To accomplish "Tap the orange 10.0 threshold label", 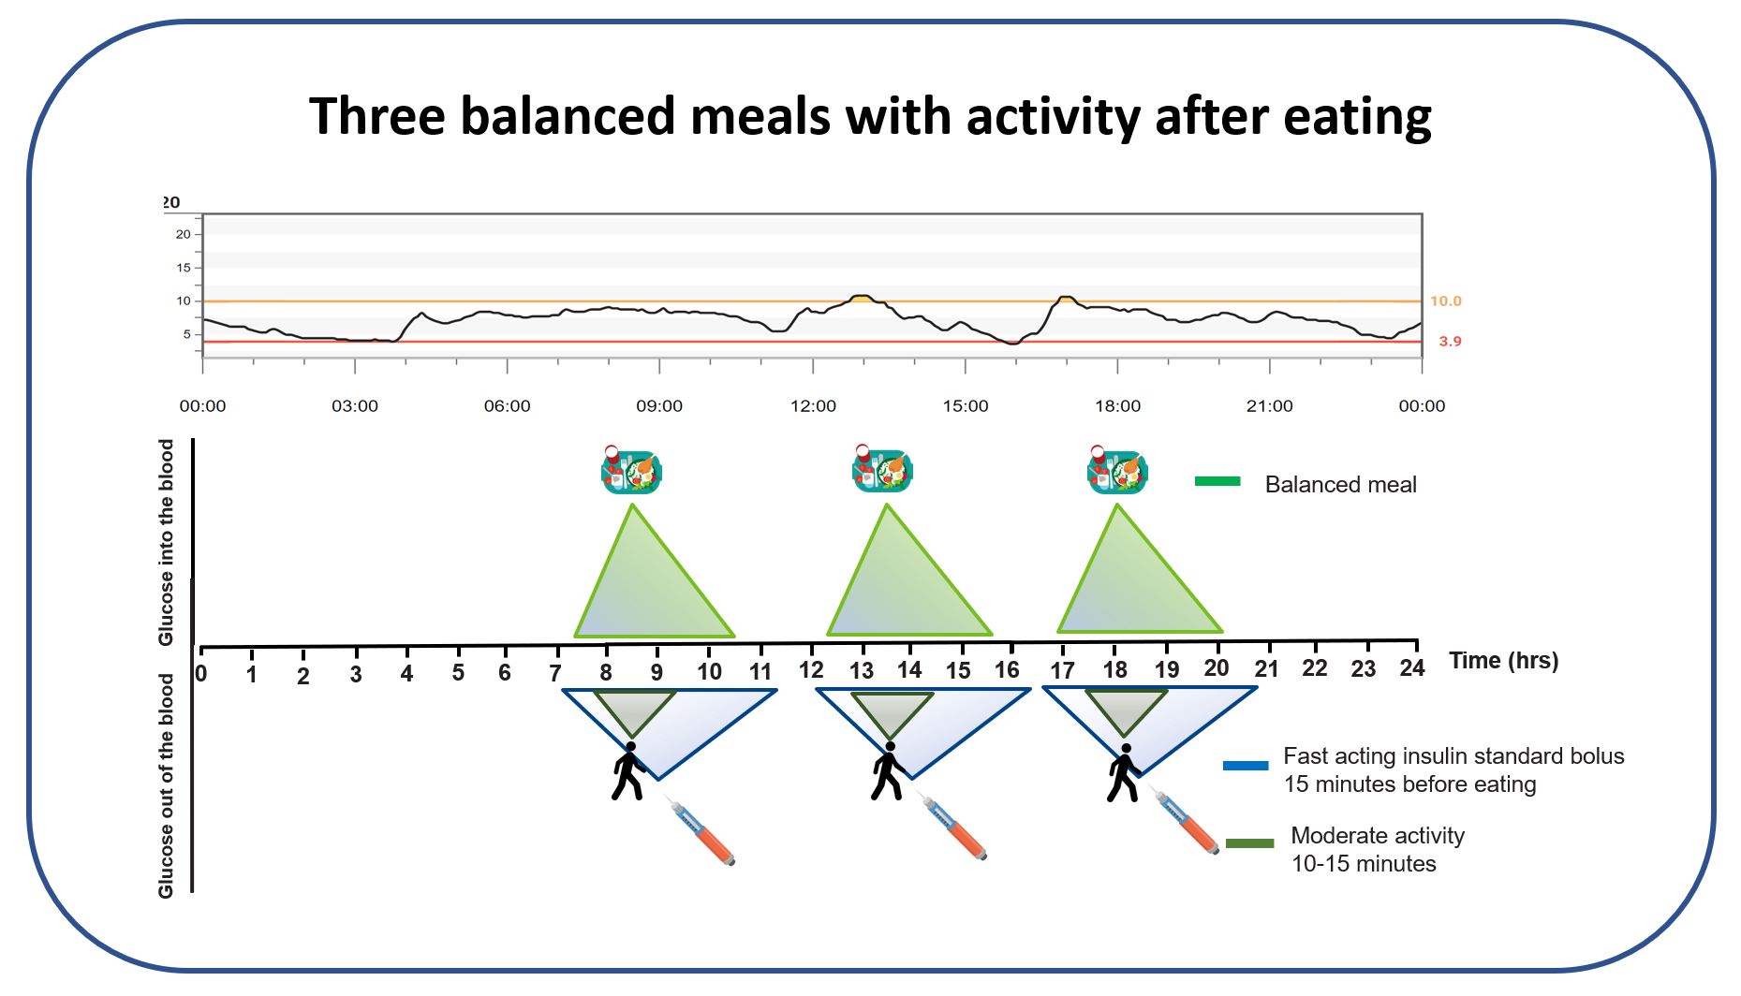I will pyautogui.click(x=1445, y=300).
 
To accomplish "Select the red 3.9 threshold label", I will pyautogui.click(x=1449, y=342).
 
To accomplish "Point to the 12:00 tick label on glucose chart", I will pyautogui.click(x=813, y=405).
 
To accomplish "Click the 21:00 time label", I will pyautogui.click(x=1269, y=405).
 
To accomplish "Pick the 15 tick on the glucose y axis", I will pyautogui.click(x=184, y=268).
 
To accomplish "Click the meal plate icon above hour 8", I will pyautogui.click(x=630, y=471).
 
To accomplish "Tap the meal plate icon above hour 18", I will pyautogui.click(x=1116, y=471).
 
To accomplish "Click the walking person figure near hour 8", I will pyautogui.click(x=628, y=771).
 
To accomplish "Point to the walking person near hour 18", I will pyautogui.click(x=1124, y=773).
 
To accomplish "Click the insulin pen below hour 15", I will pyautogui.click(x=954, y=828).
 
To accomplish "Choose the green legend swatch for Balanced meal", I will pyautogui.click(x=1217, y=481).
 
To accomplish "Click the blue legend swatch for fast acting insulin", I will pyautogui.click(x=1245, y=766).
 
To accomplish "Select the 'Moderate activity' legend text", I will pyautogui.click(x=1377, y=835).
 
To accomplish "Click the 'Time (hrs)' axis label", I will pyautogui.click(x=1503, y=660).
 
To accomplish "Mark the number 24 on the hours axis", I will pyautogui.click(x=1411, y=667).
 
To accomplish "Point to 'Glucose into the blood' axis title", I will pyautogui.click(x=167, y=542).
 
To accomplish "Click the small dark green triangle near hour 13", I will pyautogui.click(x=891, y=711).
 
